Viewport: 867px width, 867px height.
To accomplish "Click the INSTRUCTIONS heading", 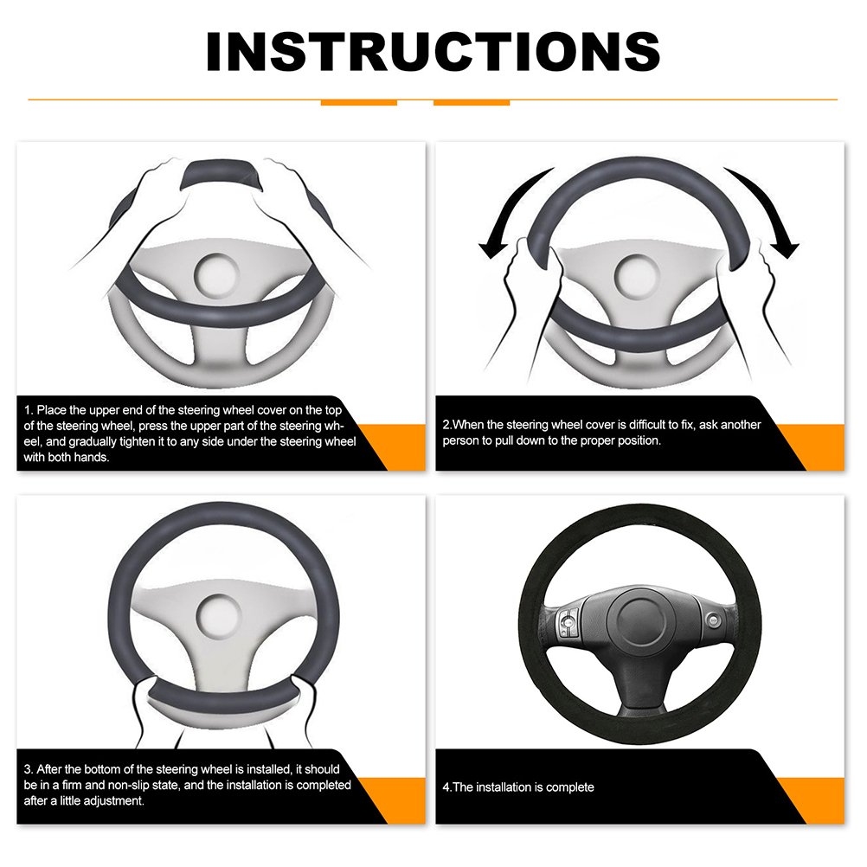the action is [x=433, y=51].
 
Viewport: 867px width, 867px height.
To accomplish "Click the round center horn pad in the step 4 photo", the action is [x=639, y=620].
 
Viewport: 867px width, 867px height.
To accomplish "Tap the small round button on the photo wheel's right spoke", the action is [x=714, y=620].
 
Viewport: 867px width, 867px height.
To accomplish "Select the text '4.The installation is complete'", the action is [x=518, y=787].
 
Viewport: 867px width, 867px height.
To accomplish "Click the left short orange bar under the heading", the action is [x=359, y=103].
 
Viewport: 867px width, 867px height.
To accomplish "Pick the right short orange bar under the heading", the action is [x=472, y=103].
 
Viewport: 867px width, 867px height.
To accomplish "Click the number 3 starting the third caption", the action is [x=28, y=770].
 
